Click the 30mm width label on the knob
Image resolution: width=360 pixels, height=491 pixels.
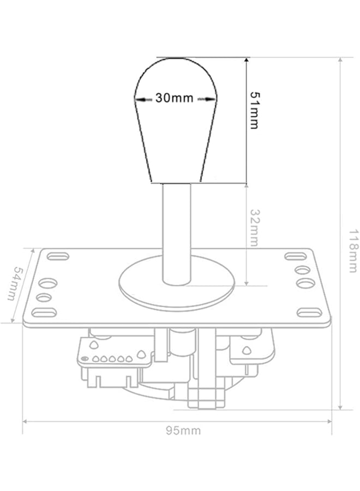175,98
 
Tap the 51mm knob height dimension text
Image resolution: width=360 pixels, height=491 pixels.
253,110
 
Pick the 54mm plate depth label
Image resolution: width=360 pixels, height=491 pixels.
15,283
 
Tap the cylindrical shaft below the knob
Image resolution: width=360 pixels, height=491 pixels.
177,229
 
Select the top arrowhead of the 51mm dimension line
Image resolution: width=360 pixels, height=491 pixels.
247,61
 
